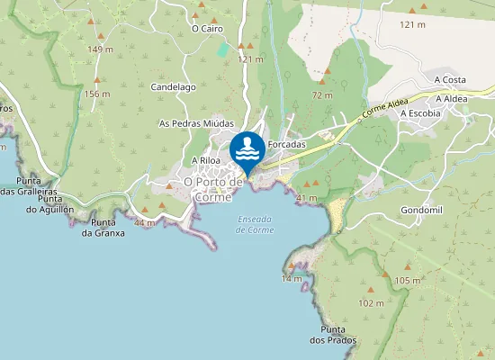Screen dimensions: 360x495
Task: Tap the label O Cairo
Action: point(207,29)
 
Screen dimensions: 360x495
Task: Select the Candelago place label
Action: point(173,87)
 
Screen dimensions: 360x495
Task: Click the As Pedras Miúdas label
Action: point(196,123)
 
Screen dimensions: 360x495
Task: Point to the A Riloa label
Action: point(206,160)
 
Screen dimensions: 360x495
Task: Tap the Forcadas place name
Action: point(287,144)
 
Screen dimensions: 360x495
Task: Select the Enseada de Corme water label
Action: point(255,225)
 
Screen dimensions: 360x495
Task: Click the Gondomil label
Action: point(421,210)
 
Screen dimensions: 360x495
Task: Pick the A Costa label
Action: point(449,80)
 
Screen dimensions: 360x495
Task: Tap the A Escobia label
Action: point(420,113)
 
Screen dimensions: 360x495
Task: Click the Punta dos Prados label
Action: point(333,335)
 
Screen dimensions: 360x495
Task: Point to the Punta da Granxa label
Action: point(103,228)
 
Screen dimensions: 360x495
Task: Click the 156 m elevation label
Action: point(97,94)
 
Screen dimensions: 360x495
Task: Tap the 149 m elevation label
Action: point(101,49)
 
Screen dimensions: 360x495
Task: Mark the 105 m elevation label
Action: point(408,282)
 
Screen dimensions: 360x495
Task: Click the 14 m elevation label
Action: point(291,279)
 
